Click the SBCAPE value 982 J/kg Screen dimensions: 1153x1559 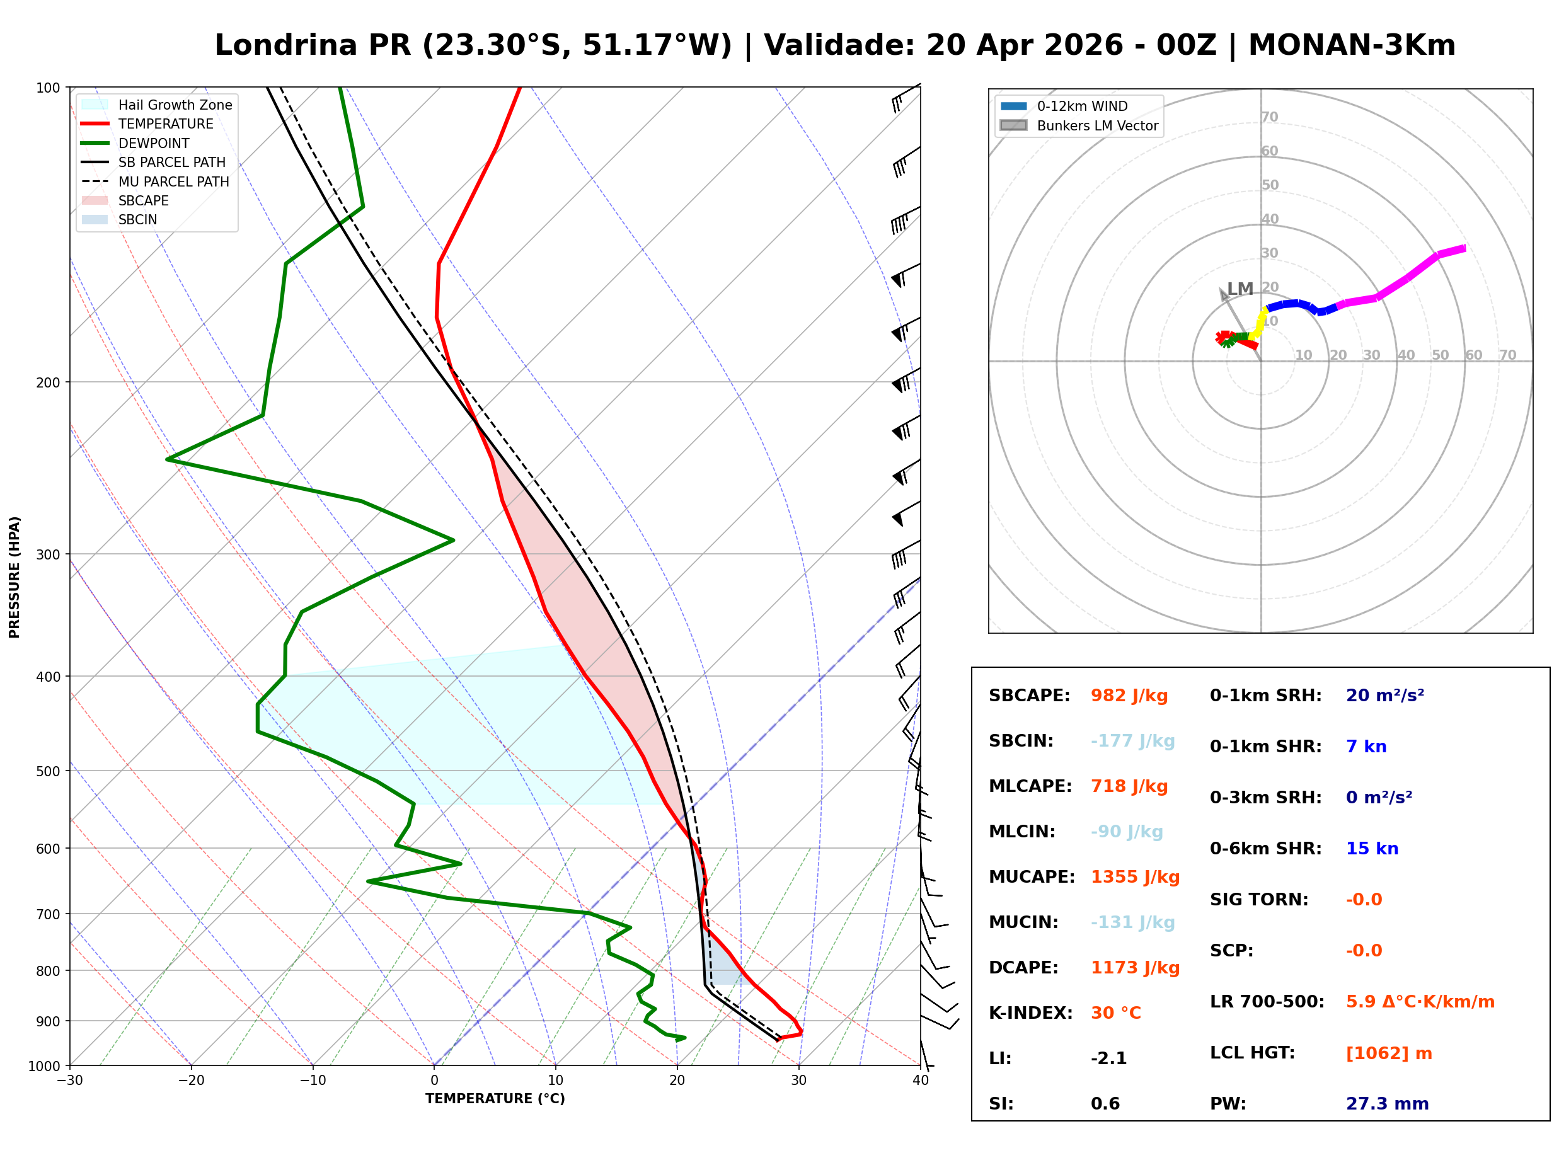pyautogui.click(x=1129, y=696)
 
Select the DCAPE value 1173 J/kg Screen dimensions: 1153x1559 pyautogui.click(x=1135, y=968)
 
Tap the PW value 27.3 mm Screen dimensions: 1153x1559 pyautogui.click(x=1386, y=1104)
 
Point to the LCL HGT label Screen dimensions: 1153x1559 pyautogui.click(x=1252, y=1053)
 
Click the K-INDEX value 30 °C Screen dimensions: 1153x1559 pyautogui.click(x=1115, y=1013)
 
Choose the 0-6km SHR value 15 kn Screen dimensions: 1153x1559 pyautogui.click(x=1371, y=849)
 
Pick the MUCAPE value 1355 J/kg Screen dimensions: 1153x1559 pyautogui.click(x=1135, y=877)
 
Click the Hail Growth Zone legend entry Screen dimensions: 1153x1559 pyautogui.click(x=175, y=105)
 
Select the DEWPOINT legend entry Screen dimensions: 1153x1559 pyautogui.click(x=154, y=143)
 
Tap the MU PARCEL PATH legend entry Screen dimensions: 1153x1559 pyautogui.click(x=173, y=181)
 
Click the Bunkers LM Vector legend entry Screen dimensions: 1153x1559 pyautogui.click(x=1097, y=125)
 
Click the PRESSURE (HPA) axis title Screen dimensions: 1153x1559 pyautogui.click(x=14, y=577)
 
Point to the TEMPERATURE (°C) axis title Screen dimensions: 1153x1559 pyautogui.click(x=495, y=1099)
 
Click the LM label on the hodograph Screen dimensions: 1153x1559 pyautogui.click(x=1240, y=289)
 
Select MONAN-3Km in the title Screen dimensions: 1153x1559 pyautogui.click(x=1351, y=45)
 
